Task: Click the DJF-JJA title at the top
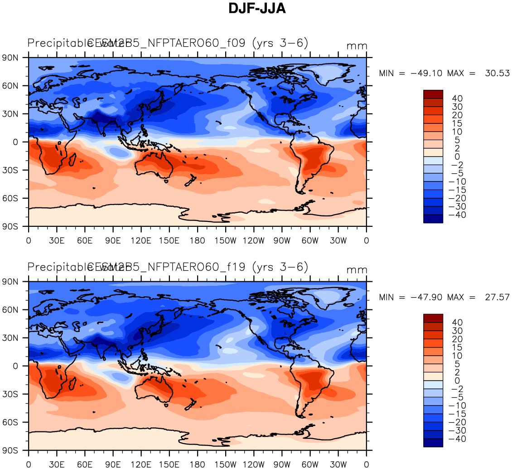point(257,9)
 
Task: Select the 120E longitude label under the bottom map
point(141,465)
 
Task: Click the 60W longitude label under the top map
point(310,240)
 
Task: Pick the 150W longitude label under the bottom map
point(225,465)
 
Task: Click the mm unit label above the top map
point(357,46)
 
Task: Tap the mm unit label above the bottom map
point(357,270)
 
